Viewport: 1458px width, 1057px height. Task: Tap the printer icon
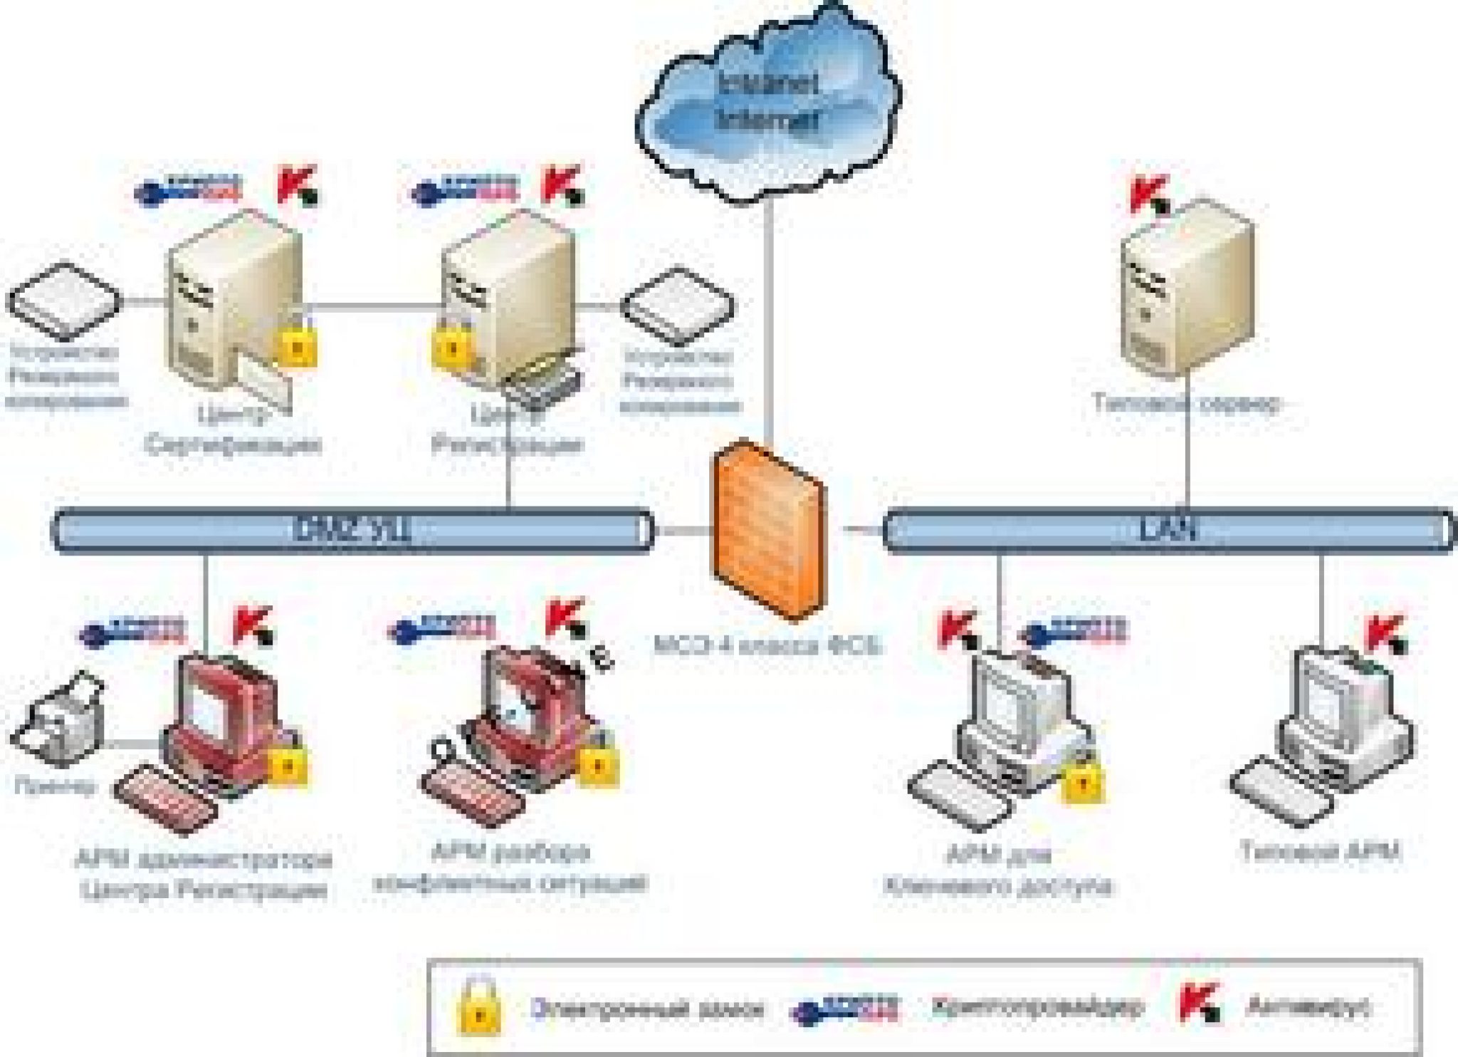coord(61,719)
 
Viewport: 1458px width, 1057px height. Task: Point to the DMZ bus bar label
coord(352,529)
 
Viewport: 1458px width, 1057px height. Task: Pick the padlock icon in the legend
coord(479,1006)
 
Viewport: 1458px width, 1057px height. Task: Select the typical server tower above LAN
coord(1185,288)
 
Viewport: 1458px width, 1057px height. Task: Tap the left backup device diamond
coord(65,301)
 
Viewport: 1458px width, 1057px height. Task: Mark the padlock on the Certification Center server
coord(296,345)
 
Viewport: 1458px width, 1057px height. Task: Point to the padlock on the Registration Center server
coord(451,345)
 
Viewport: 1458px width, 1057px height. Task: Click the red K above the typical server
coord(1148,194)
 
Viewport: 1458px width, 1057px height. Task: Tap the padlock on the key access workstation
coord(1082,781)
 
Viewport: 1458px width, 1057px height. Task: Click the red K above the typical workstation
coord(1385,634)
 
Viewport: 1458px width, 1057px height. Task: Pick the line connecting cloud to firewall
coord(768,321)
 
